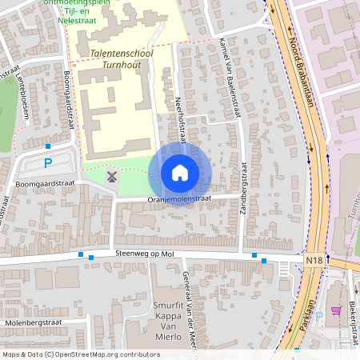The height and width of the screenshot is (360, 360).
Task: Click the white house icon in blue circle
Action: click(x=180, y=172)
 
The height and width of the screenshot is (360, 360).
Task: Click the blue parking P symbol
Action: click(x=48, y=163)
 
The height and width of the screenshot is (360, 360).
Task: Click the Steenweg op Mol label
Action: click(x=145, y=254)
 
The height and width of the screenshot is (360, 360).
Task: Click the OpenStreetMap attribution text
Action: click(x=81, y=354)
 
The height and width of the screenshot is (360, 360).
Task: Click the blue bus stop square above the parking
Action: click(x=48, y=146)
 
